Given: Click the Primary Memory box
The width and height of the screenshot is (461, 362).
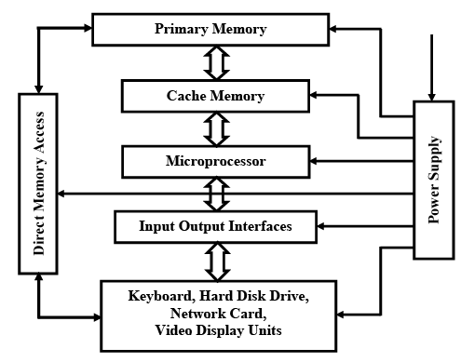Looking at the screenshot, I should pyautogui.click(x=210, y=29).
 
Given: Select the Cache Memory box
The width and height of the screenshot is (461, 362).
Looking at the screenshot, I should pyautogui.click(x=215, y=96).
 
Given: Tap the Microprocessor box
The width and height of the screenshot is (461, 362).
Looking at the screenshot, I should pyautogui.click(x=215, y=162).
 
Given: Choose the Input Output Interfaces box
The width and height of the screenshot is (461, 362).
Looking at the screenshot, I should pyautogui.click(x=214, y=226).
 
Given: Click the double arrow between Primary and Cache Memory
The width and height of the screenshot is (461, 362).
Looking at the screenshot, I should pyautogui.click(x=216, y=62).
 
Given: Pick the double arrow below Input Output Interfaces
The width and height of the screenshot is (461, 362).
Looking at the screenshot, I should pyautogui.click(x=216, y=260).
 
